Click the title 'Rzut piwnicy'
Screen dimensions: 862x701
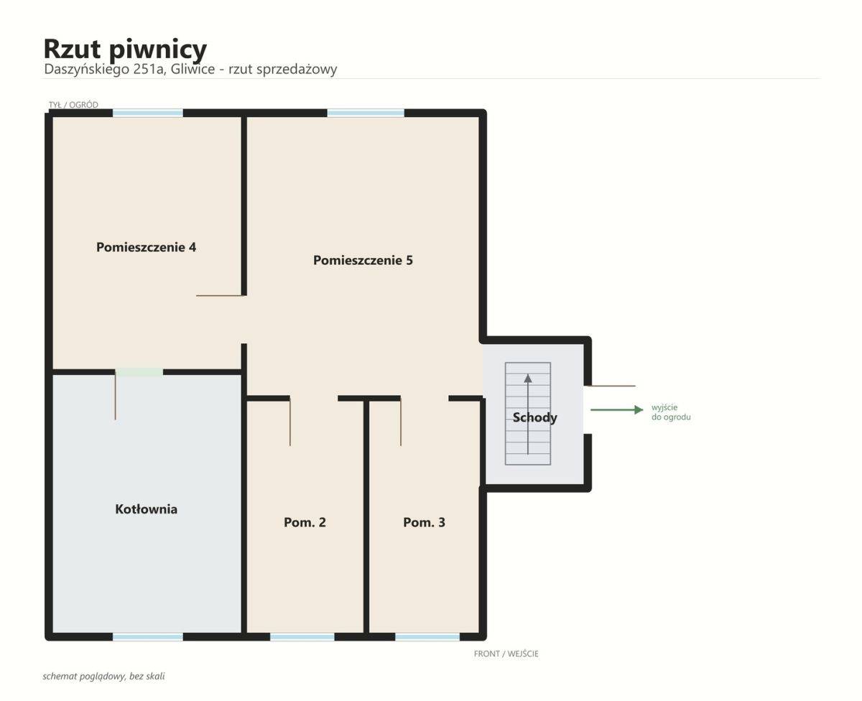tap(125, 50)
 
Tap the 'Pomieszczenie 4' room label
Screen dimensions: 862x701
tap(146, 247)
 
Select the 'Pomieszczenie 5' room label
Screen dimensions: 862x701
tap(363, 260)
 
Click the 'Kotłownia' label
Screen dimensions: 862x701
tap(146, 509)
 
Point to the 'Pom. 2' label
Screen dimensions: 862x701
tap(305, 522)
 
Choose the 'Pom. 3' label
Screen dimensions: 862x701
tap(424, 522)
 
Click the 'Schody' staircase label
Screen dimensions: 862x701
tap(534, 417)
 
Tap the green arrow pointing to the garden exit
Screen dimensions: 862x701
tap(617, 410)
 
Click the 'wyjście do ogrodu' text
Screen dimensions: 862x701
tap(671, 412)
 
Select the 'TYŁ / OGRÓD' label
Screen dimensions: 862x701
tap(73, 105)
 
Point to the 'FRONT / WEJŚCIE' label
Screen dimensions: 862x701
tap(506, 654)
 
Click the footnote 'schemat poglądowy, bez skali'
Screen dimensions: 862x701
tap(103, 677)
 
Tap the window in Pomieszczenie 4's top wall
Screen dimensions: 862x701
tap(148, 113)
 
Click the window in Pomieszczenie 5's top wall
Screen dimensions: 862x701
tap(366, 113)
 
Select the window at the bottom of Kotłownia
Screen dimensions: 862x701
tap(148, 637)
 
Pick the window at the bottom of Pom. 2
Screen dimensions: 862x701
tap(302, 637)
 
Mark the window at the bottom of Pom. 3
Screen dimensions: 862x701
tap(427, 637)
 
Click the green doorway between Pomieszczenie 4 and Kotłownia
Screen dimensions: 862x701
tap(139, 372)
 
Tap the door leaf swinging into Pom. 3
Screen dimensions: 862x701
tap(401, 421)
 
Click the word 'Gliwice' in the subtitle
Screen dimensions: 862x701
tap(193, 69)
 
